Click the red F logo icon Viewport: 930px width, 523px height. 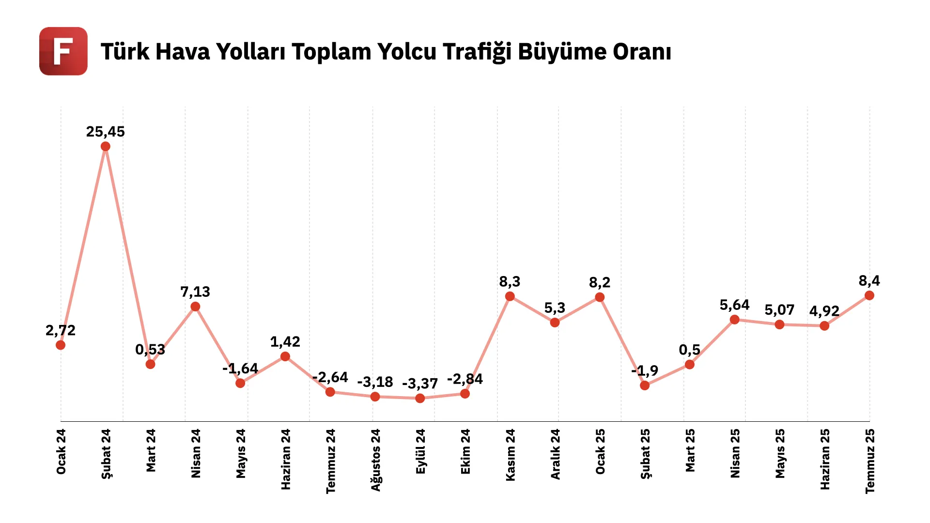pyautogui.click(x=63, y=51)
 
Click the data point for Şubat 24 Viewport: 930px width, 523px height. pyautogui.click(x=106, y=146)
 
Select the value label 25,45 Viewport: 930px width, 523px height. pyautogui.click(x=106, y=132)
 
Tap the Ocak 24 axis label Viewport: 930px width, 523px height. pyautogui.click(x=61, y=452)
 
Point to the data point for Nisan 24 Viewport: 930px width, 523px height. pyautogui.click(x=195, y=307)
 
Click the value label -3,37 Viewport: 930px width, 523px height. pyautogui.click(x=420, y=384)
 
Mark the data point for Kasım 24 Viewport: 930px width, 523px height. pyautogui.click(x=510, y=296)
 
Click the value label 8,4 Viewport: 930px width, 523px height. pyautogui.click(x=869, y=281)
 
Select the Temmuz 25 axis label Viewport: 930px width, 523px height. pyautogui.click(x=870, y=461)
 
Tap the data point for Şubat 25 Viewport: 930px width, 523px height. pyautogui.click(x=645, y=385)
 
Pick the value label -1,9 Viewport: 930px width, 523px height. pyautogui.click(x=645, y=371)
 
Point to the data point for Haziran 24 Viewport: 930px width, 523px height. pyautogui.click(x=285, y=356)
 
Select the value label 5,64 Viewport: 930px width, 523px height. pyautogui.click(x=734, y=305)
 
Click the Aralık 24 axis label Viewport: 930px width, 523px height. pyautogui.click(x=555, y=454)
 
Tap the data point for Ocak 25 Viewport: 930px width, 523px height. pyautogui.click(x=600, y=297)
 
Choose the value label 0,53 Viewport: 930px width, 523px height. pyautogui.click(x=150, y=350)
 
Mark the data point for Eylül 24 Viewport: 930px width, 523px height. pyautogui.click(x=420, y=398)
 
